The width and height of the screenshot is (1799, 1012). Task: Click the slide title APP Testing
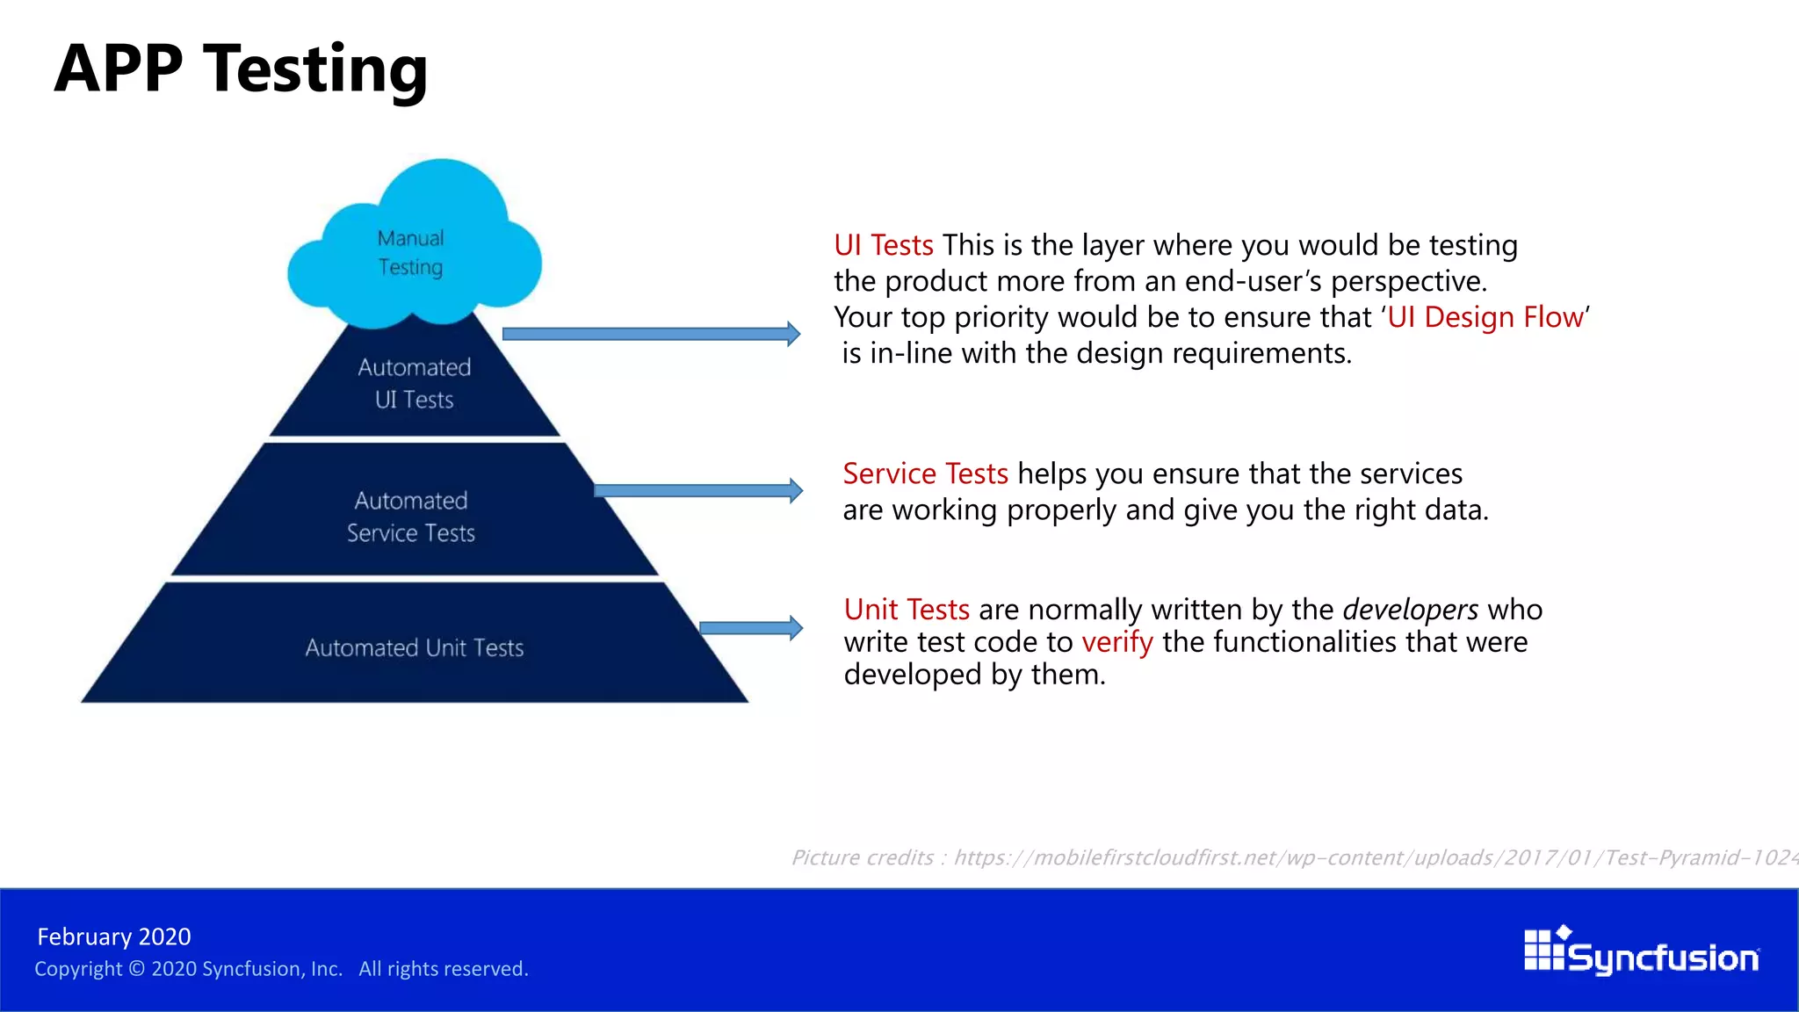241,70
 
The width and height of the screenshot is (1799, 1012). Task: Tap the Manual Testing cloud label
410,253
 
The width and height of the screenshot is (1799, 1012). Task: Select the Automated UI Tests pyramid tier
414,383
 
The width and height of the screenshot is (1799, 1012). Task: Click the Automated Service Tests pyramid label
410,517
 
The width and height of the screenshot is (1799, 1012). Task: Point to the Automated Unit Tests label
414,648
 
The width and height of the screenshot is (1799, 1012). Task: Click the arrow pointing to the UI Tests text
650,334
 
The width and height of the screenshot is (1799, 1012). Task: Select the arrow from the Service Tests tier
697,490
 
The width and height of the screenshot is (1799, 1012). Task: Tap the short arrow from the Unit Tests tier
750,627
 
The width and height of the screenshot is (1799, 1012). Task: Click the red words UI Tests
883,245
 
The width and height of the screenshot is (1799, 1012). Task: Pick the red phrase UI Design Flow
1485,317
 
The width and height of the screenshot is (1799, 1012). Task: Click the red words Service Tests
925,474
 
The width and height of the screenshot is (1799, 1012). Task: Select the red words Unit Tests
906,610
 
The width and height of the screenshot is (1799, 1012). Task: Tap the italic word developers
1410,610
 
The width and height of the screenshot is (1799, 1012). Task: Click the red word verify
1116,642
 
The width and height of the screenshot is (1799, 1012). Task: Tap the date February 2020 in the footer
114,936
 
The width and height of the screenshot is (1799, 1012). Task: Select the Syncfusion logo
1641,952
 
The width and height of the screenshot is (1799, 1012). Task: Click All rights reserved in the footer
443,969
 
